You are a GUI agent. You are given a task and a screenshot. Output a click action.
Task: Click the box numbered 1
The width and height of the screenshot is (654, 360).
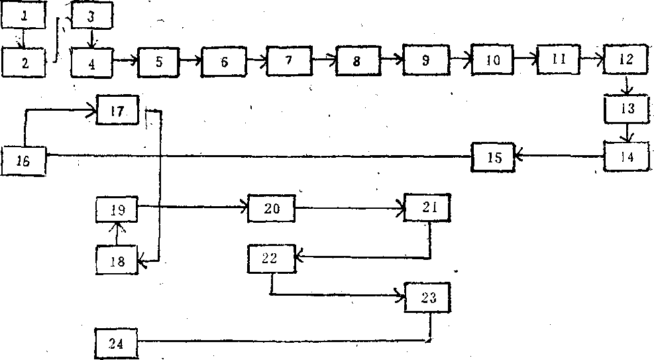coord(25,17)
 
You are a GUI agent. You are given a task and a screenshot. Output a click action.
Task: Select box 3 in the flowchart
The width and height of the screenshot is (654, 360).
coord(91,17)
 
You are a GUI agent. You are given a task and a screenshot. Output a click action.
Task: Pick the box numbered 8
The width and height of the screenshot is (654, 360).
coord(358,61)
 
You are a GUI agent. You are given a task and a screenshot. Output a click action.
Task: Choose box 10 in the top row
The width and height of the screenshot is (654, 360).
coord(492,60)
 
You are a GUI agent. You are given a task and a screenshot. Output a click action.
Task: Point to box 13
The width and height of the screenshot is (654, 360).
coord(627,109)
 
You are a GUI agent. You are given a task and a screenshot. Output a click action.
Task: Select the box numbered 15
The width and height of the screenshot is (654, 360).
coord(493,157)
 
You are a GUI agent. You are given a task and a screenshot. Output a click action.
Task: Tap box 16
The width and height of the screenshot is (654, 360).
coord(23,161)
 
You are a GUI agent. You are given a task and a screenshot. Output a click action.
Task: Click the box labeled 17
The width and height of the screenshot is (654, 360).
coord(118,110)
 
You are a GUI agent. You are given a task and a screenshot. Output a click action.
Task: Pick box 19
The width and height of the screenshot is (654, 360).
coord(117,210)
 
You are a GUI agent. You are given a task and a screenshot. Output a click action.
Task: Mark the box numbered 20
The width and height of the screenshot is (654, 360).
coord(271,209)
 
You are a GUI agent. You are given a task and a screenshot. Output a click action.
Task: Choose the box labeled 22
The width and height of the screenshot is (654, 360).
coord(270,259)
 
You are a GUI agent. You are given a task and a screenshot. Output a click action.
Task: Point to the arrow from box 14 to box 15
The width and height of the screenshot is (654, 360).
coord(560,157)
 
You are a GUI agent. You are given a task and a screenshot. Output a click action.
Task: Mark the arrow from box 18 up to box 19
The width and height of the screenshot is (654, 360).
coord(117,234)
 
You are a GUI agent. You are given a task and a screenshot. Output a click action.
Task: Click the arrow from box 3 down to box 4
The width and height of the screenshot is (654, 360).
coord(91,38)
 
